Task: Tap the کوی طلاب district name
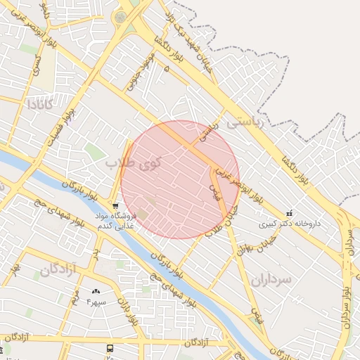click(x=134, y=162)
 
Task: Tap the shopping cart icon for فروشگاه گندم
click(x=115, y=205)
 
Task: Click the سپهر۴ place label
click(x=96, y=302)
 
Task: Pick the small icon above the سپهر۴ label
click(x=96, y=291)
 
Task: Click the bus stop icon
click(x=110, y=348)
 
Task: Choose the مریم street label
click(x=75, y=298)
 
